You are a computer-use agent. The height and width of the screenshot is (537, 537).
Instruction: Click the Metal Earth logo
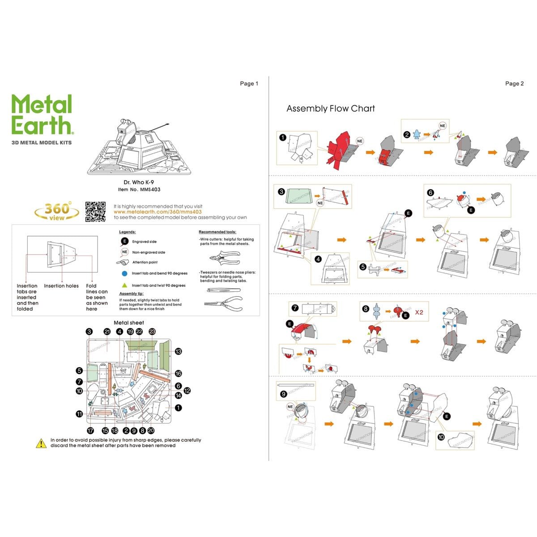pyautogui.click(x=42, y=115)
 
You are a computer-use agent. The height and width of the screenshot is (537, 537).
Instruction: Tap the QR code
pyautogui.click(x=95, y=212)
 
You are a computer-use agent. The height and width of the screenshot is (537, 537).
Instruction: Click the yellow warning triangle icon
pyautogui.click(x=41, y=443)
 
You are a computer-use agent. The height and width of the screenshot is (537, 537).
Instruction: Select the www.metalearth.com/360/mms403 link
pyautogui.click(x=158, y=212)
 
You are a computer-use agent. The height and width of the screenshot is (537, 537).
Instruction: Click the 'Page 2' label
pyautogui.click(x=514, y=84)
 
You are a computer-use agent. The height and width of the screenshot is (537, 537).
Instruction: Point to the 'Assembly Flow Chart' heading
pyautogui.click(x=330, y=109)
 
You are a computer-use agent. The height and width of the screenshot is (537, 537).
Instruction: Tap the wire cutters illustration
pyautogui.click(x=224, y=259)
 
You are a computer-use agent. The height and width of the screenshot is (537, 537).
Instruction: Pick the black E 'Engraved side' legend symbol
pyautogui.click(x=124, y=242)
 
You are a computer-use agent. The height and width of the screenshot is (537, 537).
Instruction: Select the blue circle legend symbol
pyautogui.click(x=124, y=273)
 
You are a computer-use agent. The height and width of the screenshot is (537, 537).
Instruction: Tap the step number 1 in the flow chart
pyautogui.click(x=282, y=137)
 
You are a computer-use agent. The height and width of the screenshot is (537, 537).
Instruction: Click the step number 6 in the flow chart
pyautogui.click(x=430, y=193)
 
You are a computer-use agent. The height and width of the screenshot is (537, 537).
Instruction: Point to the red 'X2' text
pyautogui.click(x=419, y=312)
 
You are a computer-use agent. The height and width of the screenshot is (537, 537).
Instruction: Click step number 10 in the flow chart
pyautogui.click(x=441, y=437)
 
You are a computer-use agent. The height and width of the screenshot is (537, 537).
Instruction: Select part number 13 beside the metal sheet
pyautogui.click(x=178, y=351)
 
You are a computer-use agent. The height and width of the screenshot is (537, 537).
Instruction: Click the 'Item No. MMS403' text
pyautogui.click(x=139, y=190)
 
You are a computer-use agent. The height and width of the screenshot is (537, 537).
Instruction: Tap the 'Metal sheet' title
pyautogui.click(x=129, y=323)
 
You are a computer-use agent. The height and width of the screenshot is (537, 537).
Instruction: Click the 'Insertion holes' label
pyautogui.click(x=61, y=286)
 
